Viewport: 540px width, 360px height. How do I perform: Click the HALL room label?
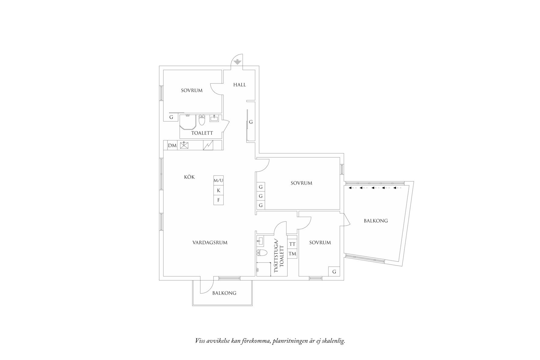point(239,85)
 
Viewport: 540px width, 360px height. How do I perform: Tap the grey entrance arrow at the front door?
point(238,62)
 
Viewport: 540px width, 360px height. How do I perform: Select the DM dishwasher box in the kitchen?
point(172,146)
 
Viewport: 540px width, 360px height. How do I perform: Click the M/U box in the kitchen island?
point(218,180)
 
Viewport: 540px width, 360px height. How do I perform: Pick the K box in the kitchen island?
point(218,190)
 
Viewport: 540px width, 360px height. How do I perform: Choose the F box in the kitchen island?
point(218,200)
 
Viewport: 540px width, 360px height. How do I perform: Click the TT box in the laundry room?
point(292,244)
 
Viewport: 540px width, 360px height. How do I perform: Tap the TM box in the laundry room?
point(292,254)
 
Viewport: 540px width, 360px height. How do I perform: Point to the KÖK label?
point(189,177)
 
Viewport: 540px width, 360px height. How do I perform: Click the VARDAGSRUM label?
point(210,243)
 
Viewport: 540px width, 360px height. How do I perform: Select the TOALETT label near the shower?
point(202,133)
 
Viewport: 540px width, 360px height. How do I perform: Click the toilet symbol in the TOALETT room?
point(202,120)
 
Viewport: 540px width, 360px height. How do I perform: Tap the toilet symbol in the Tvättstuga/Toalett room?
point(262,252)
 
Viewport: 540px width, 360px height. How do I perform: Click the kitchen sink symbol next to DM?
point(184,145)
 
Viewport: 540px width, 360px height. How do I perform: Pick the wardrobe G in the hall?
point(251,122)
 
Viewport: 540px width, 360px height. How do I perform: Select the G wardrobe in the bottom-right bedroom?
point(334,272)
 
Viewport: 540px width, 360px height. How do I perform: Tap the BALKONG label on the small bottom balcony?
point(224,293)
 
